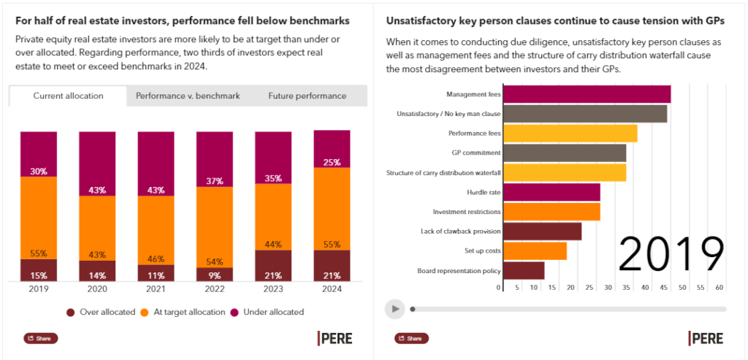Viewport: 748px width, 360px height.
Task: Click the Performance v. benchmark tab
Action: pos(188,96)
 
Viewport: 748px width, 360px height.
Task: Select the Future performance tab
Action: pos(307,96)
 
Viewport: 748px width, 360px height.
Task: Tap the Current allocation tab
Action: pos(68,96)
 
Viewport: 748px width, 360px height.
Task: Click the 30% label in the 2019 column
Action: pos(39,172)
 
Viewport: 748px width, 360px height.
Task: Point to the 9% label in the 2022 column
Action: pos(214,276)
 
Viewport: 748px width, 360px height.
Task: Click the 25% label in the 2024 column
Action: pos(332,162)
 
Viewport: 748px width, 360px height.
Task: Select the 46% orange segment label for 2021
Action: pos(156,259)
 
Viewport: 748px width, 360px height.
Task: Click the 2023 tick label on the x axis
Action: pos(272,288)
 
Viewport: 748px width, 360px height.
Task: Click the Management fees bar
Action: pos(587,94)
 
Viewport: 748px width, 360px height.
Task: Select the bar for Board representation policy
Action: pos(524,270)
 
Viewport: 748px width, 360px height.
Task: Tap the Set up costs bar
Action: pos(535,250)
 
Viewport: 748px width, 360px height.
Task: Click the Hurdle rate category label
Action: pos(484,192)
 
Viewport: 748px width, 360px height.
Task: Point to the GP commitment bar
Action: pos(565,153)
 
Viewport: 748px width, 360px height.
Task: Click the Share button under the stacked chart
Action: pos(41,338)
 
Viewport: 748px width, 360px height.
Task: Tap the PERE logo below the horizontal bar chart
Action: pos(705,338)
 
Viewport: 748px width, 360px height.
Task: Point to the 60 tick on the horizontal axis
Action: pos(720,288)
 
